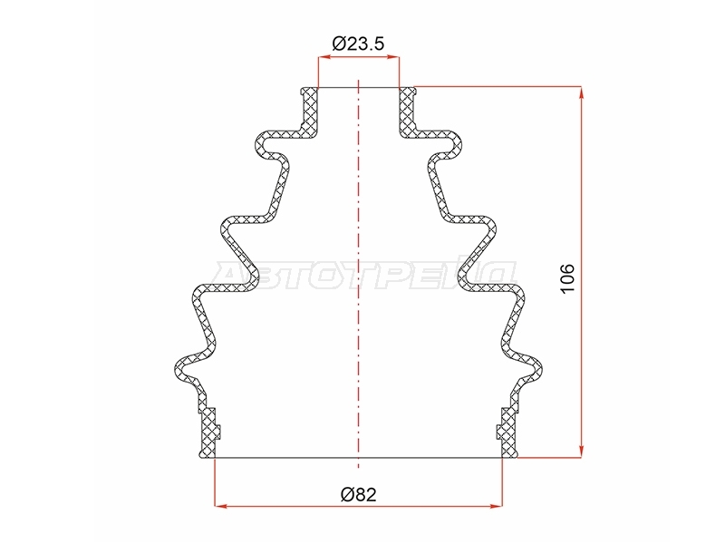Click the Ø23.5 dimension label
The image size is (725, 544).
coord(358,44)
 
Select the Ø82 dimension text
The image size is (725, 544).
coord(358,494)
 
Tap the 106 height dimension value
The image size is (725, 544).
coord(567,278)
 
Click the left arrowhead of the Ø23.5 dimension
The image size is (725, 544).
coord(324,57)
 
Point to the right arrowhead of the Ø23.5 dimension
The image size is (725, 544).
coord(393,57)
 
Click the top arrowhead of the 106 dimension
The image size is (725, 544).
coord(581,92)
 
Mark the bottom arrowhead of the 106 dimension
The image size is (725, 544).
coord(581,452)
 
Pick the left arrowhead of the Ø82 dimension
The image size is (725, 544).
coord(221,506)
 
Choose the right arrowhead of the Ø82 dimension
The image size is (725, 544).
coord(496,506)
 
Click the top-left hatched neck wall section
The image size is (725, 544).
coord(309,112)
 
